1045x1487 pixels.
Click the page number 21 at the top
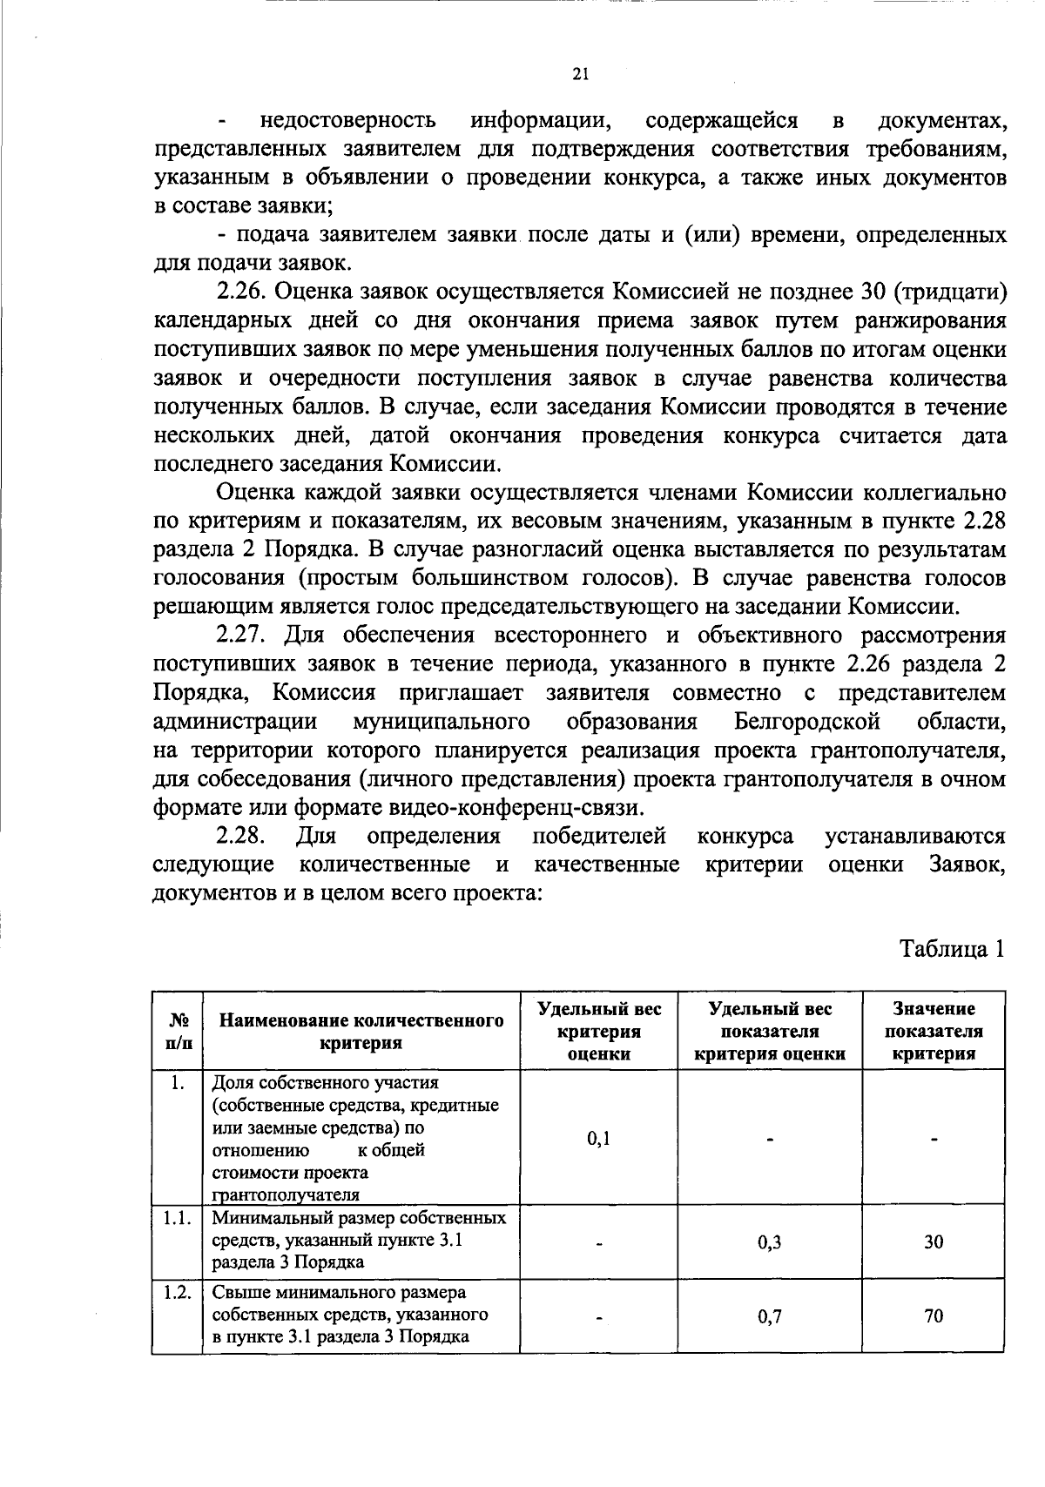pos(582,75)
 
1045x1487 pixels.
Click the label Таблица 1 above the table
pos(953,948)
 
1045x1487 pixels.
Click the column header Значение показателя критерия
pos(934,1031)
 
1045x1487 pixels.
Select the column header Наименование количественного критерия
pos(361,1031)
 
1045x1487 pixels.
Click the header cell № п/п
pos(178,1031)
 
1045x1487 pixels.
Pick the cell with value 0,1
pos(598,1138)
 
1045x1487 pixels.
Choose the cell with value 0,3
pos(769,1242)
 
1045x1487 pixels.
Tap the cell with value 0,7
pos(769,1316)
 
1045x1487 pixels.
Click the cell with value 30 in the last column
pos(934,1242)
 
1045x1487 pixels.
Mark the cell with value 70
pos(934,1316)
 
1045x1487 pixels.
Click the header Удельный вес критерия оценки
pos(598,1031)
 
